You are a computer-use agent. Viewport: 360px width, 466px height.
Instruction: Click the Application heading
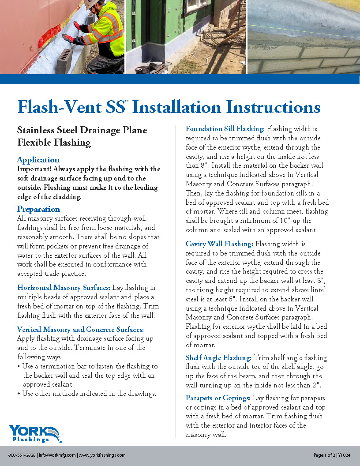click(38, 160)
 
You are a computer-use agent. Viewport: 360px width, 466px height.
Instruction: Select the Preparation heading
click(38, 209)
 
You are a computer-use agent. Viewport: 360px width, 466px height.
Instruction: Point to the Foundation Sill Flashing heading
click(225, 129)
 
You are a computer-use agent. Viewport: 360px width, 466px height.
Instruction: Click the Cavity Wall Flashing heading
click(219, 244)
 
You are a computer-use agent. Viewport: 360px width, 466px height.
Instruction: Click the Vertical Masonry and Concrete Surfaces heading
click(80, 329)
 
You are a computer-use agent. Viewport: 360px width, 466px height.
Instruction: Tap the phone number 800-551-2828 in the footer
click(22, 455)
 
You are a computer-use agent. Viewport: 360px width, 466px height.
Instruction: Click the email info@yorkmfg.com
click(57, 455)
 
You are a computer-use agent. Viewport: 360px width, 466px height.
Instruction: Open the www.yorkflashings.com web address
click(102, 455)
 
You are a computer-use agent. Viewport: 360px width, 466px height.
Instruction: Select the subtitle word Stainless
click(35, 130)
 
